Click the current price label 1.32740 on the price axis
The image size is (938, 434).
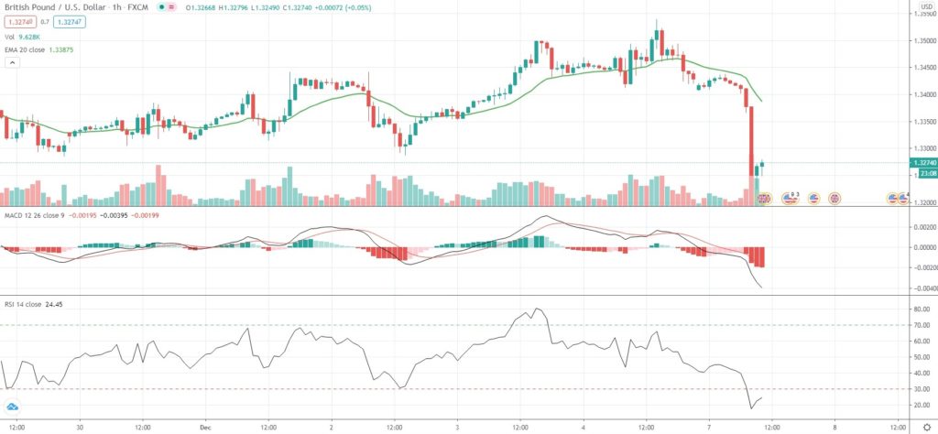pyautogui.click(x=922, y=162)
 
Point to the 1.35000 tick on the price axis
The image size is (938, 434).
pyautogui.click(x=922, y=41)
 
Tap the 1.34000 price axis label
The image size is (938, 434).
pyautogui.click(x=922, y=94)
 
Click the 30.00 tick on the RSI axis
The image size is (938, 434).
pyautogui.click(x=921, y=388)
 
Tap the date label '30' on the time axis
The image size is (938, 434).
pyautogui.click(x=80, y=426)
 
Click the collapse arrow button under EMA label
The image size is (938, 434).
pyautogui.click(x=12, y=63)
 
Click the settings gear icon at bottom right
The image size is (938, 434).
pyautogui.click(x=925, y=426)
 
